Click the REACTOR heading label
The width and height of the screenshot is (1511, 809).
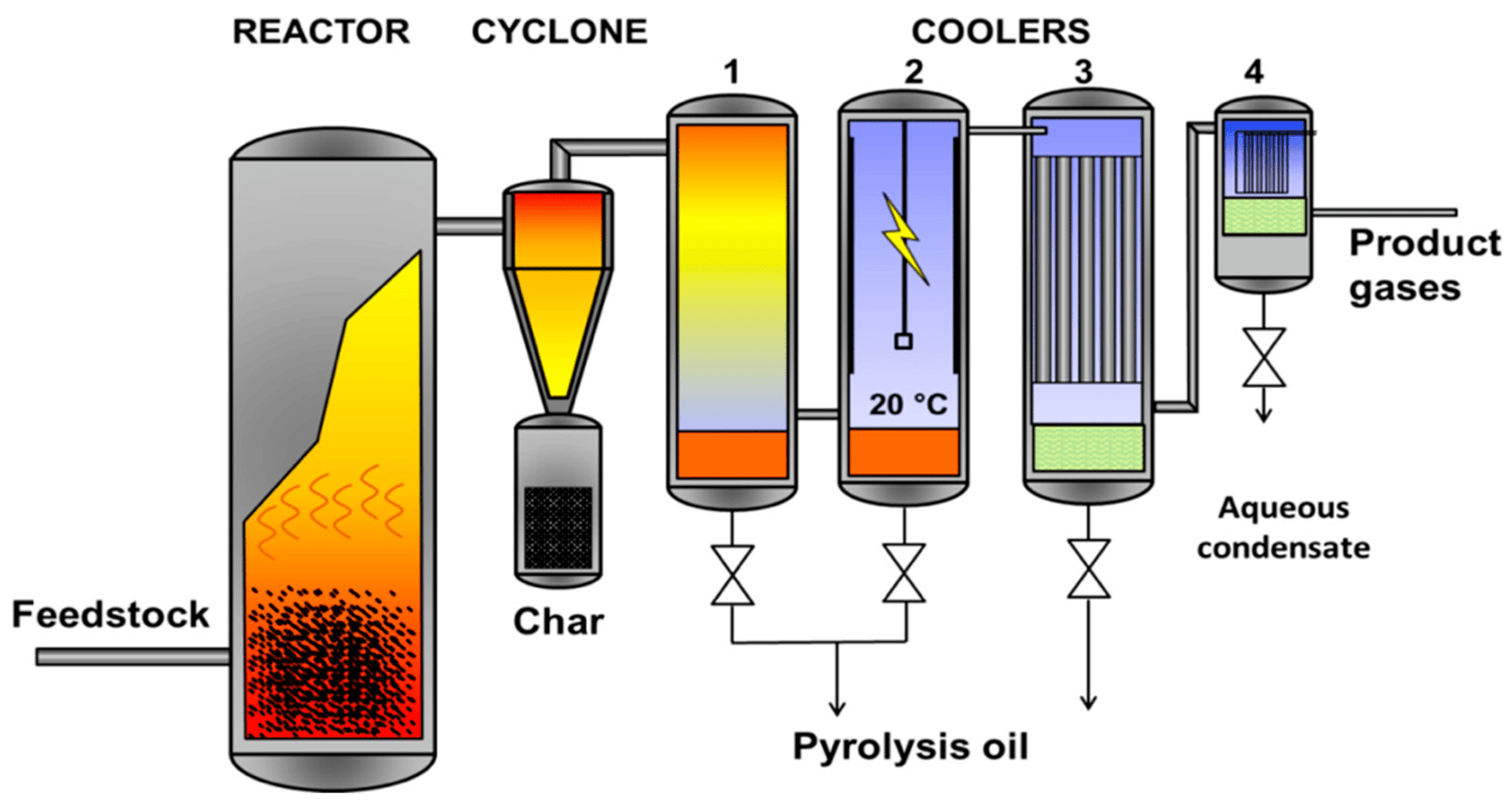(321, 32)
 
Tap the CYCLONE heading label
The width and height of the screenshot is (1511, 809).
(559, 32)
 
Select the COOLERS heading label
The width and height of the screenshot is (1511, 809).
(1000, 32)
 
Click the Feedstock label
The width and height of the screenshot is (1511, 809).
(110, 615)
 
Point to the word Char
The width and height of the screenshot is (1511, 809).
(558, 621)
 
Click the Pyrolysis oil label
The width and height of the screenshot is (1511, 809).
(909, 747)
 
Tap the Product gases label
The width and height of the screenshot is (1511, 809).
(1423, 265)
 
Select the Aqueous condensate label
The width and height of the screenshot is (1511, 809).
(1283, 528)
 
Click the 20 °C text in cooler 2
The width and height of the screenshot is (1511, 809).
(908, 405)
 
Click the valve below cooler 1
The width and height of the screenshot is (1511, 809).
(732, 575)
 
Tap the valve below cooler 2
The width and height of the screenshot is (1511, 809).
(904, 573)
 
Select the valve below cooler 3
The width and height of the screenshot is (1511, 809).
(1088, 569)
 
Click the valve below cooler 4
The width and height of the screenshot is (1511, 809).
(1264, 358)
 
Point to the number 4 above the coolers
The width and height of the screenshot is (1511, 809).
(1253, 72)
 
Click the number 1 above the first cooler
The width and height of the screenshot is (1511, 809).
(731, 72)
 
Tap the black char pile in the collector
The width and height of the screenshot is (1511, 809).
(558, 528)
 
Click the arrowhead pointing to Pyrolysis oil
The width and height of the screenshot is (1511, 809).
(837, 708)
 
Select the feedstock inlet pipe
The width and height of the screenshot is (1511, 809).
(132, 657)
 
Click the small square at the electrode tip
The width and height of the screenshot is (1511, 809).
(904, 342)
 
